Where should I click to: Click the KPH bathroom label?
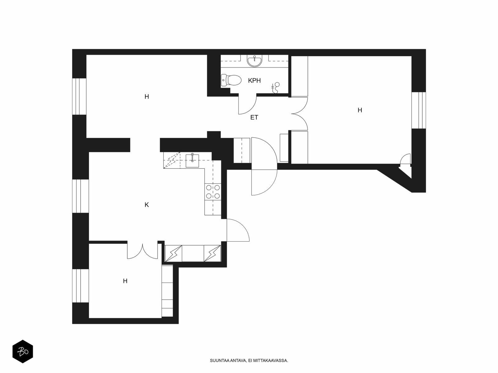[x=254, y=81]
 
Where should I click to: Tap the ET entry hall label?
[x=254, y=117]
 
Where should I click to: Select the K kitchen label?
[x=147, y=205]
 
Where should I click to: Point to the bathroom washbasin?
[x=255, y=61]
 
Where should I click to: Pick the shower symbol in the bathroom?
[x=275, y=88]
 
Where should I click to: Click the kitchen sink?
[x=192, y=161]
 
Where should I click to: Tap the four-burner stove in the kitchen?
[x=213, y=191]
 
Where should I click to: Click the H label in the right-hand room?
[x=359, y=110]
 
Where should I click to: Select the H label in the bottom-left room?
[x=125, y=281]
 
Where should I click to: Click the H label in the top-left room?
[x=147, y=97]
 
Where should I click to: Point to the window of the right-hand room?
[x=419, y=110]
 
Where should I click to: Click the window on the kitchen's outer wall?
[x=81, y=196]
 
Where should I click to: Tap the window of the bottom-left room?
[x=81, y=286]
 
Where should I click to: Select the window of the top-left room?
[x=79, y=96]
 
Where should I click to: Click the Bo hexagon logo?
[x=23, y=352]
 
